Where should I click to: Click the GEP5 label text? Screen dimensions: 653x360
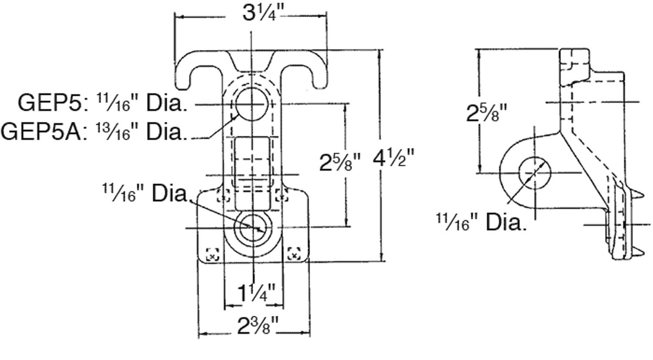coord(52,103)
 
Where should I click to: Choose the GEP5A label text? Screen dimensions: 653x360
coord(44,132)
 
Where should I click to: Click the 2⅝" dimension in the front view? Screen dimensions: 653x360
coord(340,162)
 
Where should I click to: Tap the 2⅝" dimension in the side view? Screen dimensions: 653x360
coord(487,113)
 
